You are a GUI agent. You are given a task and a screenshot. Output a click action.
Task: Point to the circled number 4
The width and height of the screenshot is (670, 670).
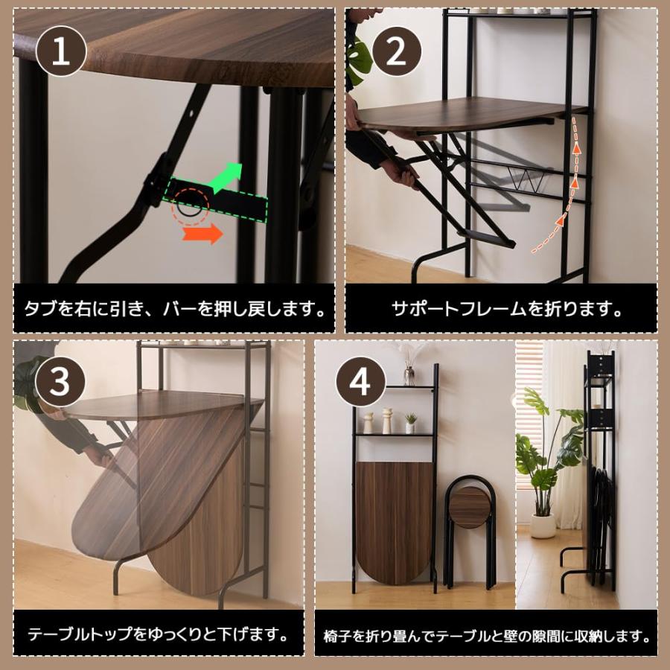coord(361,383)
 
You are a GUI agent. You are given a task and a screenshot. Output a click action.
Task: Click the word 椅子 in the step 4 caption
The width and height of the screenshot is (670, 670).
coord(337,637)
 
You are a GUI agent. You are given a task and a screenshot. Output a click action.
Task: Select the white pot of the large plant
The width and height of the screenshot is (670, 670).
coord(543,526)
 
